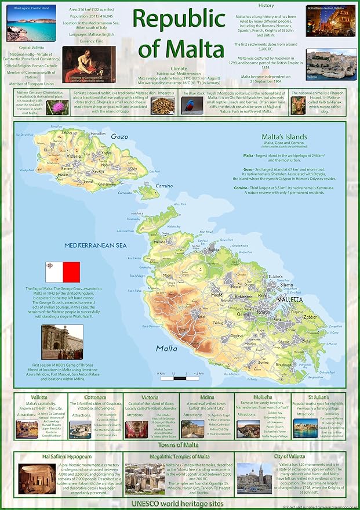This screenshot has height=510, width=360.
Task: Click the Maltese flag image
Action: coord(63,272)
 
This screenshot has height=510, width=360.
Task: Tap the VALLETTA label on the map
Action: coord(289,299)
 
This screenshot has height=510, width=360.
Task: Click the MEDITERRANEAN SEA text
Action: coord(95,245)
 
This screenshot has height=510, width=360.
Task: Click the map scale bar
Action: coord(179,378)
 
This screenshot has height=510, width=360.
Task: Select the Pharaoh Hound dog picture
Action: coord(298,104)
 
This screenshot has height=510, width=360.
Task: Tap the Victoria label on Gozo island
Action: coord(74,156)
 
